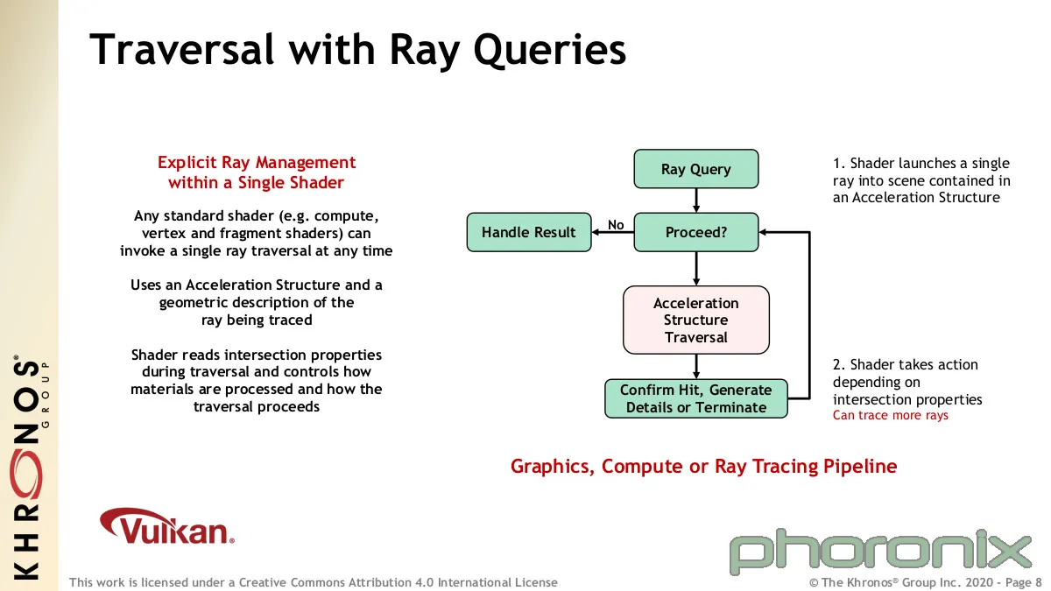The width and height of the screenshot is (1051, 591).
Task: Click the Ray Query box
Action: [695, 169]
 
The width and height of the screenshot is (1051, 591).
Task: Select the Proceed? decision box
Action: [695, 232]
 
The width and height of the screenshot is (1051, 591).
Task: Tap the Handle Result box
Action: [529, 232]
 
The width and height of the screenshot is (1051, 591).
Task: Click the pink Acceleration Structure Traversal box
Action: [695, 320]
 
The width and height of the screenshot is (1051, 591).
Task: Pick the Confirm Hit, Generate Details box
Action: [695, 398]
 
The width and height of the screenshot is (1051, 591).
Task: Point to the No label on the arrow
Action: [616, 225]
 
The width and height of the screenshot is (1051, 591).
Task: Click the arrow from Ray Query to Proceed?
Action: [695, 201]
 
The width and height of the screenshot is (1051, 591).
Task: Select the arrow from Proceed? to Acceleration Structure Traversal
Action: [695, 269]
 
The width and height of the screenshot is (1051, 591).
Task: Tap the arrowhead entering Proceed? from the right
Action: [763, 232]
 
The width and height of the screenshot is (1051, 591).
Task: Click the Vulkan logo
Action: [166, 526]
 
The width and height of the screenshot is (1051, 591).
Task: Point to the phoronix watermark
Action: [880, 552]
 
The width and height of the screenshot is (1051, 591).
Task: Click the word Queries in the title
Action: [549, 51]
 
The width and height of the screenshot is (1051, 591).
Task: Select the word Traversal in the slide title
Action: [181, 49]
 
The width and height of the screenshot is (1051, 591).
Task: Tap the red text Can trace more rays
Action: [890, 416]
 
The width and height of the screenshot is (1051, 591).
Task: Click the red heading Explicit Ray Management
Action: [256, 163]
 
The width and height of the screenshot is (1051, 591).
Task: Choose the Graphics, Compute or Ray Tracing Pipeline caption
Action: [704, 466]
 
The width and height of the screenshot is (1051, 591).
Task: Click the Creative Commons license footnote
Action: [314, 582]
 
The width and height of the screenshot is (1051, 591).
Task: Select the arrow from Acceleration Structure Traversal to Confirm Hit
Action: [695, 367]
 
